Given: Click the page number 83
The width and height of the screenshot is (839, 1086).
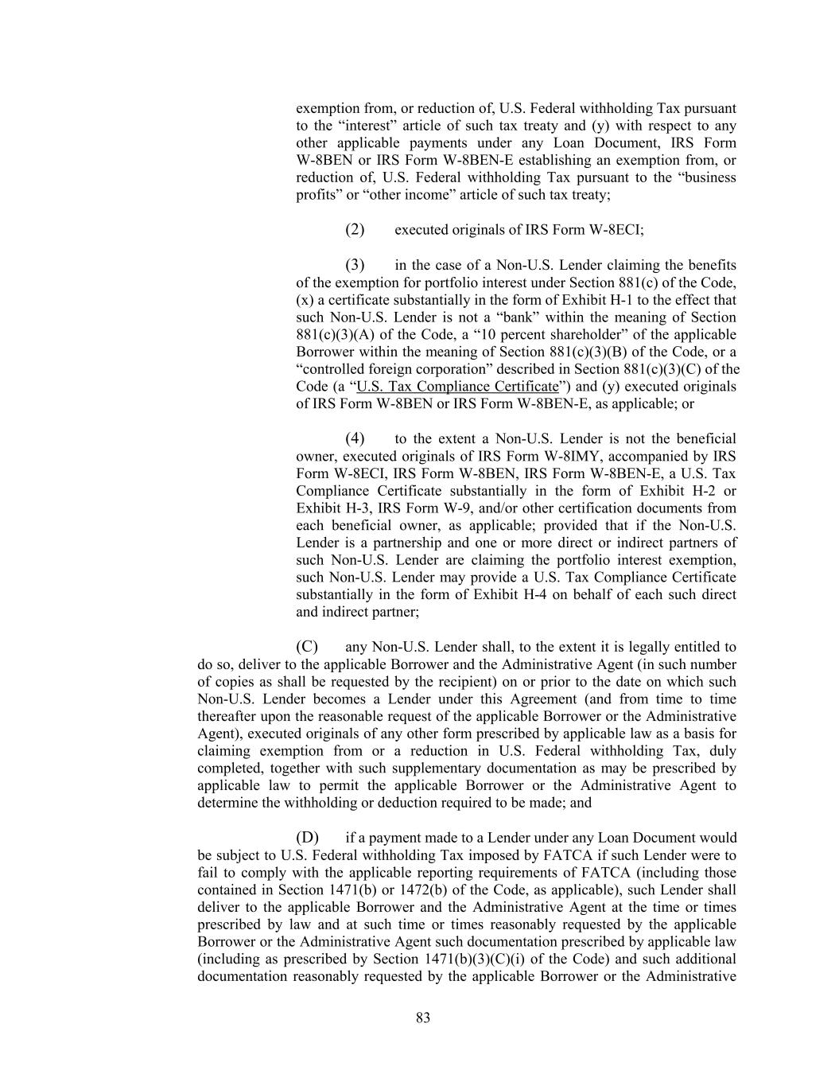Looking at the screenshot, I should pyautogui.click(x=422, y=1018).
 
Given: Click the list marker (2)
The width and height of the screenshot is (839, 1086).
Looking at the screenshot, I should pyautogui.click(x=355, y=230).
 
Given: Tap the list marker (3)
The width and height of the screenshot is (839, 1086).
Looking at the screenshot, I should pyautogui.click(x=355, y=265).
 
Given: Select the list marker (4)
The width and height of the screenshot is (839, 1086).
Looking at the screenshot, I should pyautogui.click(x=355, y=438).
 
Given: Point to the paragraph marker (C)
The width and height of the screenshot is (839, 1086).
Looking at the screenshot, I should pyautogui.click(x=306, y=647).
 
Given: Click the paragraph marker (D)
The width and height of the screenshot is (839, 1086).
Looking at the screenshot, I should pyautogui.click(x=306, y=838).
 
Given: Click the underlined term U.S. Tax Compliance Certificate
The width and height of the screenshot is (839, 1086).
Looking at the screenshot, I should pyautogui.click(x=458, y=387).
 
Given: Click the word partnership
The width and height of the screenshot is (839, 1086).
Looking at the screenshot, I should pyautogui.click(x=391, y=543).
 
